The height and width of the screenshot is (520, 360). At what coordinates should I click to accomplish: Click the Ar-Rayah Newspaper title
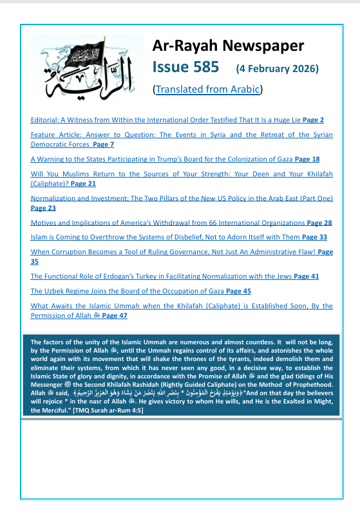[x=227, y=46]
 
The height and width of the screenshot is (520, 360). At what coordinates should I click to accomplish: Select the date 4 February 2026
[x=278, y=68]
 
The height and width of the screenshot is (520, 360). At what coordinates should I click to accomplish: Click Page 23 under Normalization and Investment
[x=43, y=209]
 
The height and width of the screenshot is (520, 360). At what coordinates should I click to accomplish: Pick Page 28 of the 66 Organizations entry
[x=319, y=223]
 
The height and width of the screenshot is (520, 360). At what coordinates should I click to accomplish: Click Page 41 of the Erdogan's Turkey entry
[x=306, y=276]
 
